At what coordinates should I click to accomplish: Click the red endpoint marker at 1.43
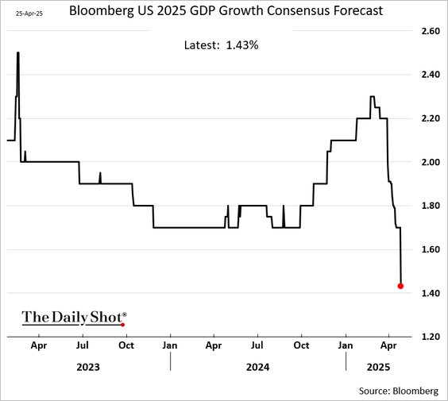pyautogui.click(x=400, y=286)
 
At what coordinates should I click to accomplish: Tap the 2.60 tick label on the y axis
pyautogui.click(x=430, y=31)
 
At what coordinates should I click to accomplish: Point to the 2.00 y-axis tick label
pyautogui.click(x=430, y=162)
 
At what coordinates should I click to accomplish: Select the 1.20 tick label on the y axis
pyautogui.click(x=430, y=337)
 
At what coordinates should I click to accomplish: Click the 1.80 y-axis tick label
pyautogui.click(x=430, y=206)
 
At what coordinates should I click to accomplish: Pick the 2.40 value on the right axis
pyautogui.click(x=430, y=75)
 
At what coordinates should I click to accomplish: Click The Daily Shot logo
pyautogui.click(x=73, y=317)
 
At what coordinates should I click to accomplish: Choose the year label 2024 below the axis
pyautogui.click(x=257, y=368)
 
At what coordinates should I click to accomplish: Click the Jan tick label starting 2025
pyautogui.click(x=346, y=347)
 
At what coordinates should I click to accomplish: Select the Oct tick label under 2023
pyautogui.click(x=126, y=347)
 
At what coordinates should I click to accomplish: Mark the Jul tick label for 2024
pyautogui.click(x=257, y=347)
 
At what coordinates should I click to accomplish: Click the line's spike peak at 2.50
pyautogui.click(x=17, y=53)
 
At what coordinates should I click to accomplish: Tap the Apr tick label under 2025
pyautogui.click(x=388, y=347)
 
